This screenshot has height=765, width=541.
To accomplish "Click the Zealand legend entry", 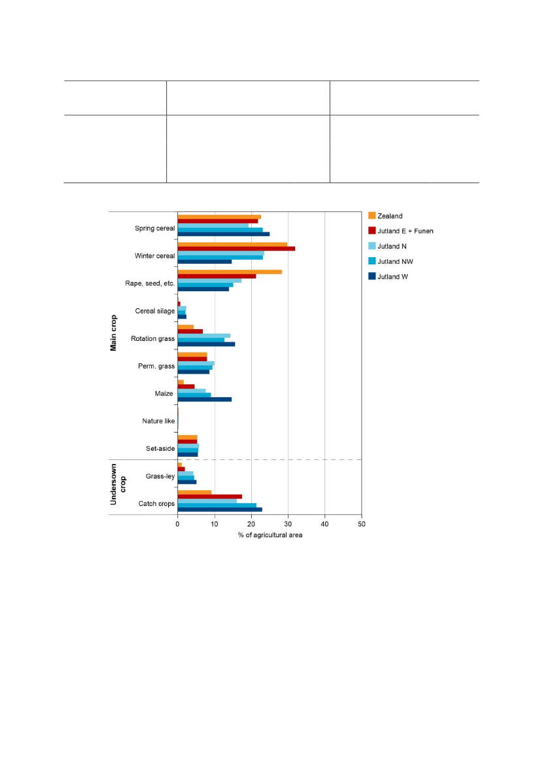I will coord(390,216).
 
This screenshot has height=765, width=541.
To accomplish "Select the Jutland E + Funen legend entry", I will coord(405,231).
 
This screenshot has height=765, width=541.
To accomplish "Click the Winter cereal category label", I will coord(155,256).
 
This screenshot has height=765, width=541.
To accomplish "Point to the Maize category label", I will coord(164,394).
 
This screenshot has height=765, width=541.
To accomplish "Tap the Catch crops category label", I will coord(156,504).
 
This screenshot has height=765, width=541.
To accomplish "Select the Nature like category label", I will coord(158,421).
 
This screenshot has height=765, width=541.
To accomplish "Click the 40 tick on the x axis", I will coord(325,524).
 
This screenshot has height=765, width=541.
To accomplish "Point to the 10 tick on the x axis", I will coord(215,524).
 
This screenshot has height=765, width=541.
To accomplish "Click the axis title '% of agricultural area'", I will coord(270,535).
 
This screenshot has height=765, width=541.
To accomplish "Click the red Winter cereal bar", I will coord(236,249).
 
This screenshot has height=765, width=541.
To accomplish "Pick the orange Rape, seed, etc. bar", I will coord(230,272).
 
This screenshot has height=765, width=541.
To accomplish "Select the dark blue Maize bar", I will coord(204,399).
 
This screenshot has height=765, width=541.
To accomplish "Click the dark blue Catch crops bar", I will coord(220,509).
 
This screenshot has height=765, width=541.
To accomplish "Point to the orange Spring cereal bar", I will coord(219,217).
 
